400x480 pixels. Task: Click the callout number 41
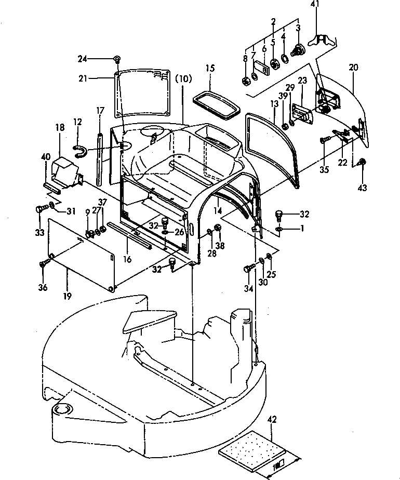tap(315, 5)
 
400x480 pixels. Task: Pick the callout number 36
tap(43, 287)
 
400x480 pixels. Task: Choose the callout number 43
tap(363, 186)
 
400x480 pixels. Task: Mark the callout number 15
tap(210, 68)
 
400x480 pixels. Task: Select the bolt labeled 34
tap(248, 269)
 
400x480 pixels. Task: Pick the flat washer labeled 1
tap(279, 229)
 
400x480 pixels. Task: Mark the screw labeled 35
tap(324, 139)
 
